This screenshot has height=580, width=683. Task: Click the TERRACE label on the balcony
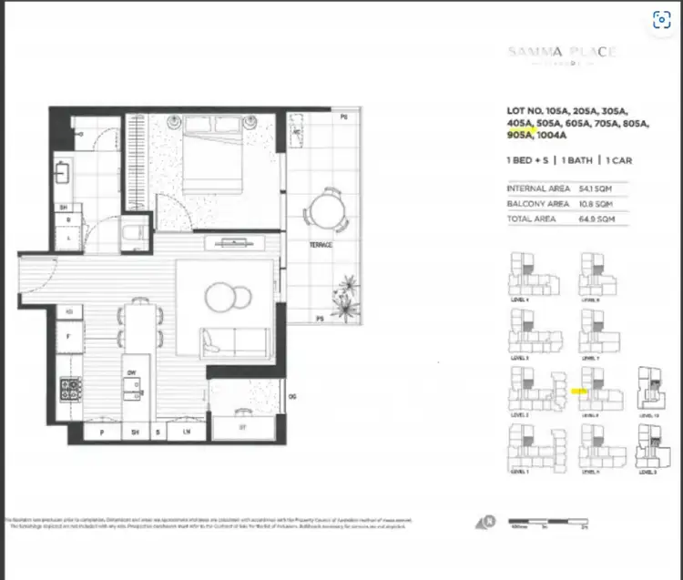pyautogui.click(x=320, y=245)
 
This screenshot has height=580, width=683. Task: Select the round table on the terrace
pyautogui.click(x=325, y=211)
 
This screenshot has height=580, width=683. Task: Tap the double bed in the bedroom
pyautogui.click(x=216, y=153)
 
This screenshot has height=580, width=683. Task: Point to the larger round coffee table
pyautogui.click(x=219, y=298)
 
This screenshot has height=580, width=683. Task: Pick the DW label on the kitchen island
pyautogui.click(x=132, y=372)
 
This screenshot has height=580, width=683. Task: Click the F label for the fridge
pyautogui.click(x=69, y=335)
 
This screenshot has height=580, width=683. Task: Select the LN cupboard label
pyautogui.click(x=186, y=432)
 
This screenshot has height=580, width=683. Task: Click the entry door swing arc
pyautogui.click(x=41, y=276)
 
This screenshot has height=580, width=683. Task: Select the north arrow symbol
pyautogui.click(x=487, y=523)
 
